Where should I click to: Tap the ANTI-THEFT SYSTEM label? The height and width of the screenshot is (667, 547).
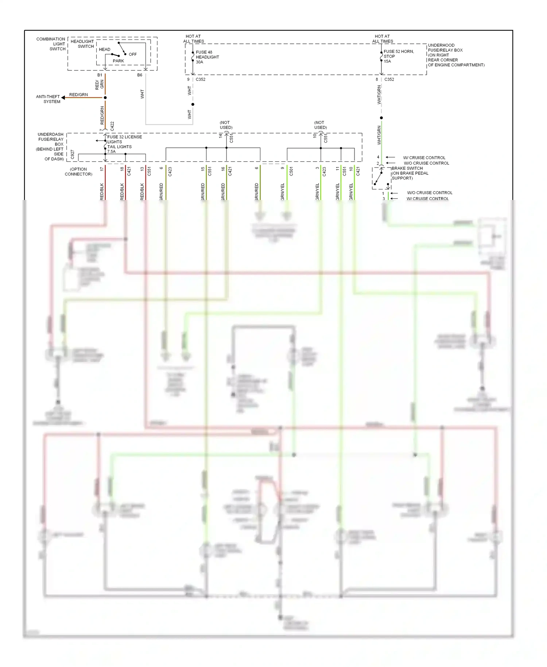tap(48, 99)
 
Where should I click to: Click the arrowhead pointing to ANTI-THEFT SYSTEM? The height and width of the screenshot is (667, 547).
tap(63, 97)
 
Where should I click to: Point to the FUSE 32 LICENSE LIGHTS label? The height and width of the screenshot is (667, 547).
tap(124, 139)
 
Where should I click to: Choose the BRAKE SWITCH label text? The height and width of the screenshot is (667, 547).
tap(407, 169)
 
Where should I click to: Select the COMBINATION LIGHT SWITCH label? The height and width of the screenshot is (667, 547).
tap(51, 44)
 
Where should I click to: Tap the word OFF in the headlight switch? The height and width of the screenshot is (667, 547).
tap(133, 54)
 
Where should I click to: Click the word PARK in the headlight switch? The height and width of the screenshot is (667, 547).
tap(118, 61)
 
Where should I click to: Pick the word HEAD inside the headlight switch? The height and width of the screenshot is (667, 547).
tap(104, 49)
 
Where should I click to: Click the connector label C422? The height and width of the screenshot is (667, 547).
tap(112, 126)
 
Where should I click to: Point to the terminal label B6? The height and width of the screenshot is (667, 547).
tap(140, 75)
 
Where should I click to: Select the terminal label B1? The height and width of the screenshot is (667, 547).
tap(100, 75)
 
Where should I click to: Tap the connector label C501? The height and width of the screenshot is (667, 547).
tap(291, 171)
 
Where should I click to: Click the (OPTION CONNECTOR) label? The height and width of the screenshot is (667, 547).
tap(78, 171)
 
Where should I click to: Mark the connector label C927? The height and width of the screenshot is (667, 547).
tap(72, 154)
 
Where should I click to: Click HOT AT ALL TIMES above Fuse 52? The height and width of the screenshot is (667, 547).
tap(382, 39)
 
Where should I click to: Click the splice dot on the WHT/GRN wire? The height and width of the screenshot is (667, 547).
tap(381, 118)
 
